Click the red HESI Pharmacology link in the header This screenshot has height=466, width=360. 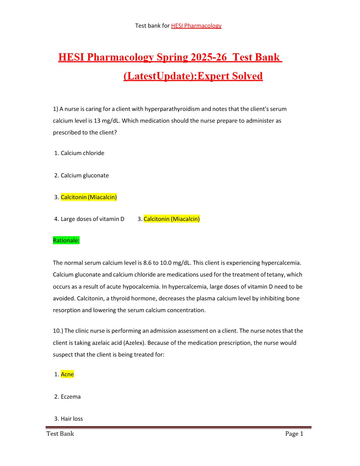coord(196,26)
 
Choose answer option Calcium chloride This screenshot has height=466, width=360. coord(82,153)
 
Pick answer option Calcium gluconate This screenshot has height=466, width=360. coord(85,175)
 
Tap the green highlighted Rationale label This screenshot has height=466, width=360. coord(66,240)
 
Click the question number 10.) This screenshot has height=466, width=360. coord(58,331)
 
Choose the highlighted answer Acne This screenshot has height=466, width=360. coord(67,374)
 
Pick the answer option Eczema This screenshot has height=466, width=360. coord(71,397)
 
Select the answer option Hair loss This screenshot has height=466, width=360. coord(72,419)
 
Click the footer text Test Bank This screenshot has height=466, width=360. coord(60,434)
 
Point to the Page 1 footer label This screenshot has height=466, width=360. coord(294,434)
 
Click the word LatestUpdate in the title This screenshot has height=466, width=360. coord(159,76)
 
